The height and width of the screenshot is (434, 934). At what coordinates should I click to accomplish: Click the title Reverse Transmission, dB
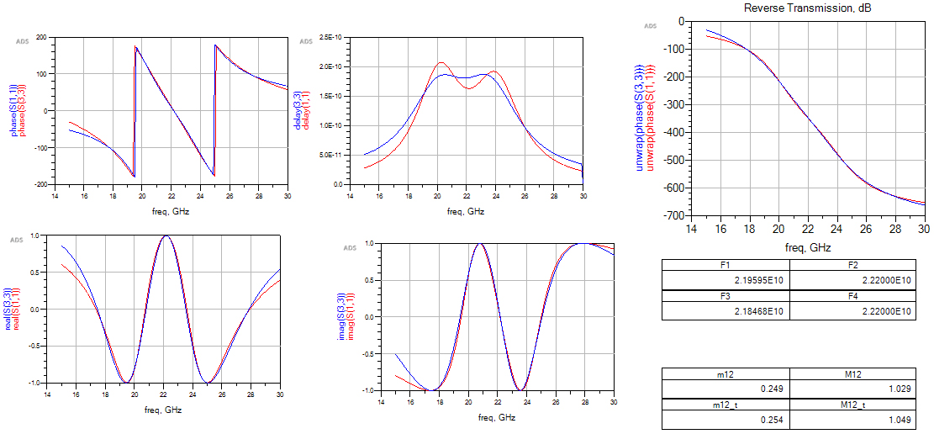pos(799,8)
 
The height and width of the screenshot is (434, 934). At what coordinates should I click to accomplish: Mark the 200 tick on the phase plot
pos(40,37)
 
